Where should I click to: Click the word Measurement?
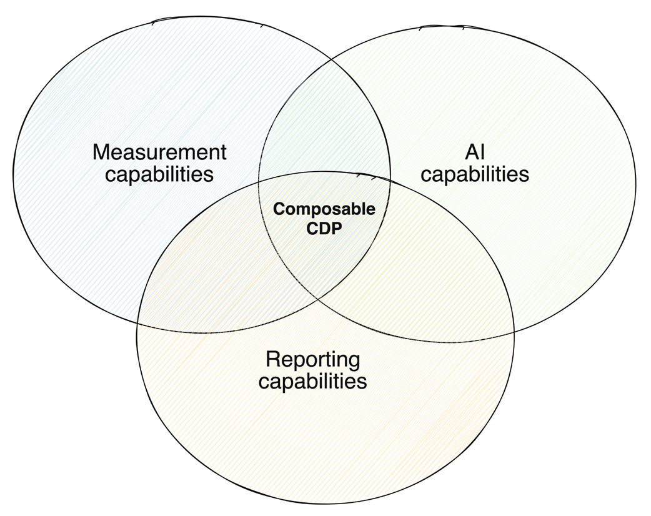(159, 152)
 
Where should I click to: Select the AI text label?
(474, 152)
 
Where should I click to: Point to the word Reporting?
(312, 359)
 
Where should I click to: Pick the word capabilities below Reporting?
(312, 380)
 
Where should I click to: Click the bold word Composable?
(324, 209)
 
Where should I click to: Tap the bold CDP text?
(324, 228)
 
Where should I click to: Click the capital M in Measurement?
(101, 152)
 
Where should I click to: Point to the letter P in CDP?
(338, 228)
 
